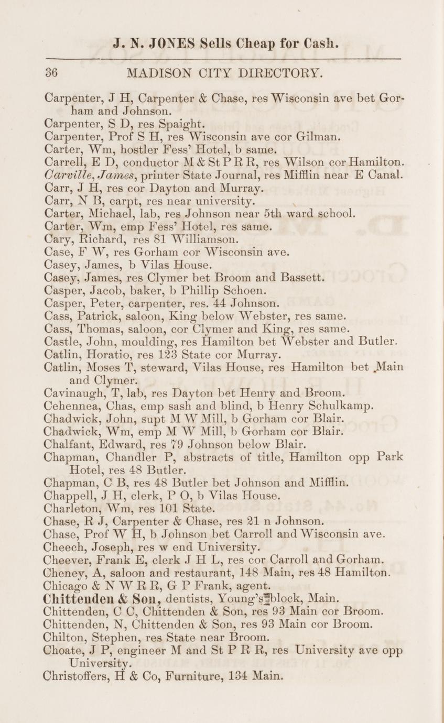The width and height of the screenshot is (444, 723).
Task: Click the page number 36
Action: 51,72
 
